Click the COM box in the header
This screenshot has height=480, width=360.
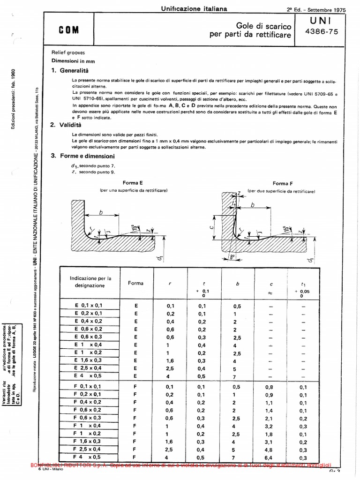point(69,30)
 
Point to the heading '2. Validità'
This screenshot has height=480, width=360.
point(66,125)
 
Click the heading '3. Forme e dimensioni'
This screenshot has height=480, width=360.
point(82,156)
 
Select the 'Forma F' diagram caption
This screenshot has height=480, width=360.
point(282,184)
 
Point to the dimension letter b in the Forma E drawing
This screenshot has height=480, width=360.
point(100,212)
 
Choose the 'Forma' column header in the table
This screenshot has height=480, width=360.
point(136,283)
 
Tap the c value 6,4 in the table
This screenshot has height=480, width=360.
point(270,457)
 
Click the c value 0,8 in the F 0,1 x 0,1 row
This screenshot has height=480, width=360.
point(270,387)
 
